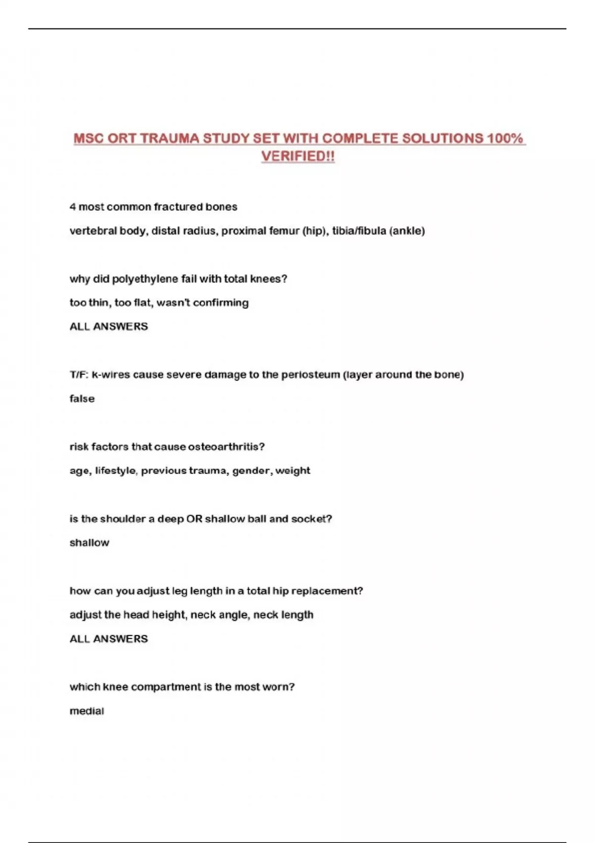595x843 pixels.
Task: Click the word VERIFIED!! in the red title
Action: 298,156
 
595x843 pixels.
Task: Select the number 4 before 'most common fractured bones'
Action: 73,207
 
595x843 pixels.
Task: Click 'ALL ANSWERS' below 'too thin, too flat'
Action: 109,326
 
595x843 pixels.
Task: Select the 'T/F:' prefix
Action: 78,375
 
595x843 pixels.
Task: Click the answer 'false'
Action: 82,399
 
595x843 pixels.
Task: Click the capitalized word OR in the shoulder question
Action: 194,519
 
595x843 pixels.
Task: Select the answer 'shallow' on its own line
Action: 89,543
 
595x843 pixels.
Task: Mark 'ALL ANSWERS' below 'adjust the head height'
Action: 109,639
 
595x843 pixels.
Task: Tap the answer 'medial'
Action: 87,711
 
